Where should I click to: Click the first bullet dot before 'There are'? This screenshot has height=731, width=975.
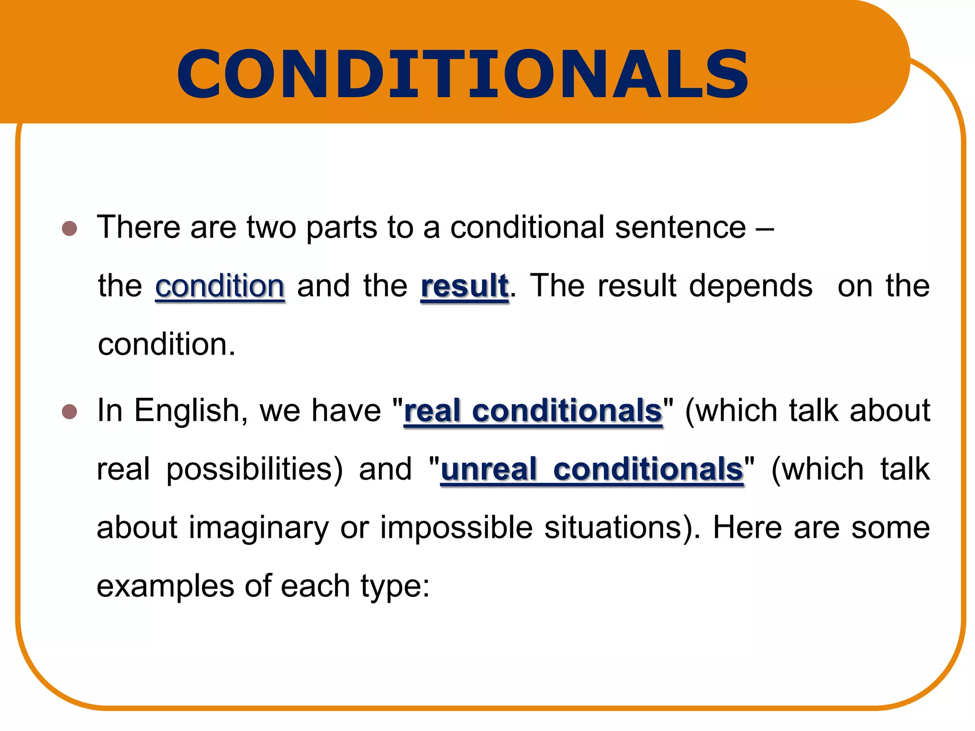(x=70, y=228)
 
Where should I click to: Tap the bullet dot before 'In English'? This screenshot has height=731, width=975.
(x=70, y=411)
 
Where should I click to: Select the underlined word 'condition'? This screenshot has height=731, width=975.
(x=220, y=286)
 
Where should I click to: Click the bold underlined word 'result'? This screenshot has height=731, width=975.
(x=465, y=286)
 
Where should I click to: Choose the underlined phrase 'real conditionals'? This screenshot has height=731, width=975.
(x=533, y=411)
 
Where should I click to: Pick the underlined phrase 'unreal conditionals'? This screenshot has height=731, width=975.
(x=592, y=469)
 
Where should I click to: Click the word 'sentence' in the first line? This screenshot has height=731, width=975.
(x=680, y=227)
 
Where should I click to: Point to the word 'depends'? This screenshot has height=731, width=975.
(x=751, y=286)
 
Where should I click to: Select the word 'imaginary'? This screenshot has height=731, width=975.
(x=259, y=528)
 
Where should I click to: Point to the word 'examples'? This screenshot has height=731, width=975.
(x=165, y=586)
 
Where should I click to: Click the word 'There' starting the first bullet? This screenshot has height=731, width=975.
(x=139, y=227)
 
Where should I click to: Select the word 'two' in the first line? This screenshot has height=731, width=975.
(x=271, y=228)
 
